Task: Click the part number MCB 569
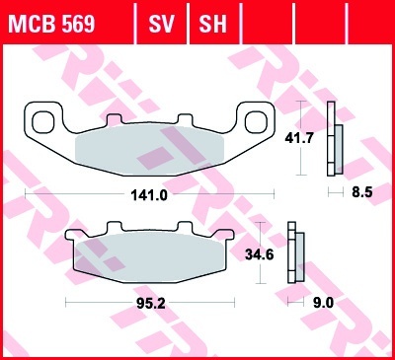coord(51,23)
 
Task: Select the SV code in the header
coord(161,23)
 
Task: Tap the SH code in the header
coord(213,23)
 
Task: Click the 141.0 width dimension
coord(149,195)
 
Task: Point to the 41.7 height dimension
coord(299,138)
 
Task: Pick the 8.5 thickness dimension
coord(362,192)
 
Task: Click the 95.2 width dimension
coord(151,304)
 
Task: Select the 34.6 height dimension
coord(259,254)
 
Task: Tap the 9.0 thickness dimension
coord(323,303)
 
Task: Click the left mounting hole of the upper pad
coord(42,121)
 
